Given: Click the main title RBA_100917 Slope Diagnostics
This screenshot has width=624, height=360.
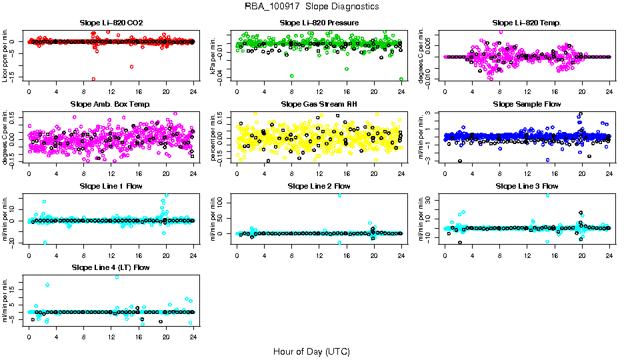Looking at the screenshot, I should tap(312, 7).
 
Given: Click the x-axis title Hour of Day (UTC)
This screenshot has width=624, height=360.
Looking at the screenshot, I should tap(311, 351).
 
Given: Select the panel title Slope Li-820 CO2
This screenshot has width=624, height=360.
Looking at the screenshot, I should tap(111, 23).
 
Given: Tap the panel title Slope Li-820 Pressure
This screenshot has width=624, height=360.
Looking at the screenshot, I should tap(319, 23).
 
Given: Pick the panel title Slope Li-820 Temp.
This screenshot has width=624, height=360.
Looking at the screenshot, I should tap(527, 23).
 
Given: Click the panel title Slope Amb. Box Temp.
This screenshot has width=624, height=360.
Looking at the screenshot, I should tap(111, 105).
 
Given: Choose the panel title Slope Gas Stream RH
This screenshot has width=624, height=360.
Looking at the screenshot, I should tap(319, 105).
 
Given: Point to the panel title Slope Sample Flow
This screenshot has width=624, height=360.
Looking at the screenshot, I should tap(527, 105).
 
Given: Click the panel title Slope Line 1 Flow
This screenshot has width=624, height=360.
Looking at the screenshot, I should tap(111, 186).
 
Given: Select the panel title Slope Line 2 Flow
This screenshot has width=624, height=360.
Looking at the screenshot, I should tap(319, 186).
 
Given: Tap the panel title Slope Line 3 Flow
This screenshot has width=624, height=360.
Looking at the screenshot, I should tap(527, 186).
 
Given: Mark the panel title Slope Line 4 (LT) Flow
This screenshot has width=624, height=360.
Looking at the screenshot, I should tap(111, 267).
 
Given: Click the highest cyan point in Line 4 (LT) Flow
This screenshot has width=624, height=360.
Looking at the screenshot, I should tap(117, 277).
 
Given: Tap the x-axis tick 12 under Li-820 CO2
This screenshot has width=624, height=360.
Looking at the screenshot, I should tap(111, 91).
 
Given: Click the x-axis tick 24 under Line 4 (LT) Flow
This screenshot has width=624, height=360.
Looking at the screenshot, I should tap(193, 335).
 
